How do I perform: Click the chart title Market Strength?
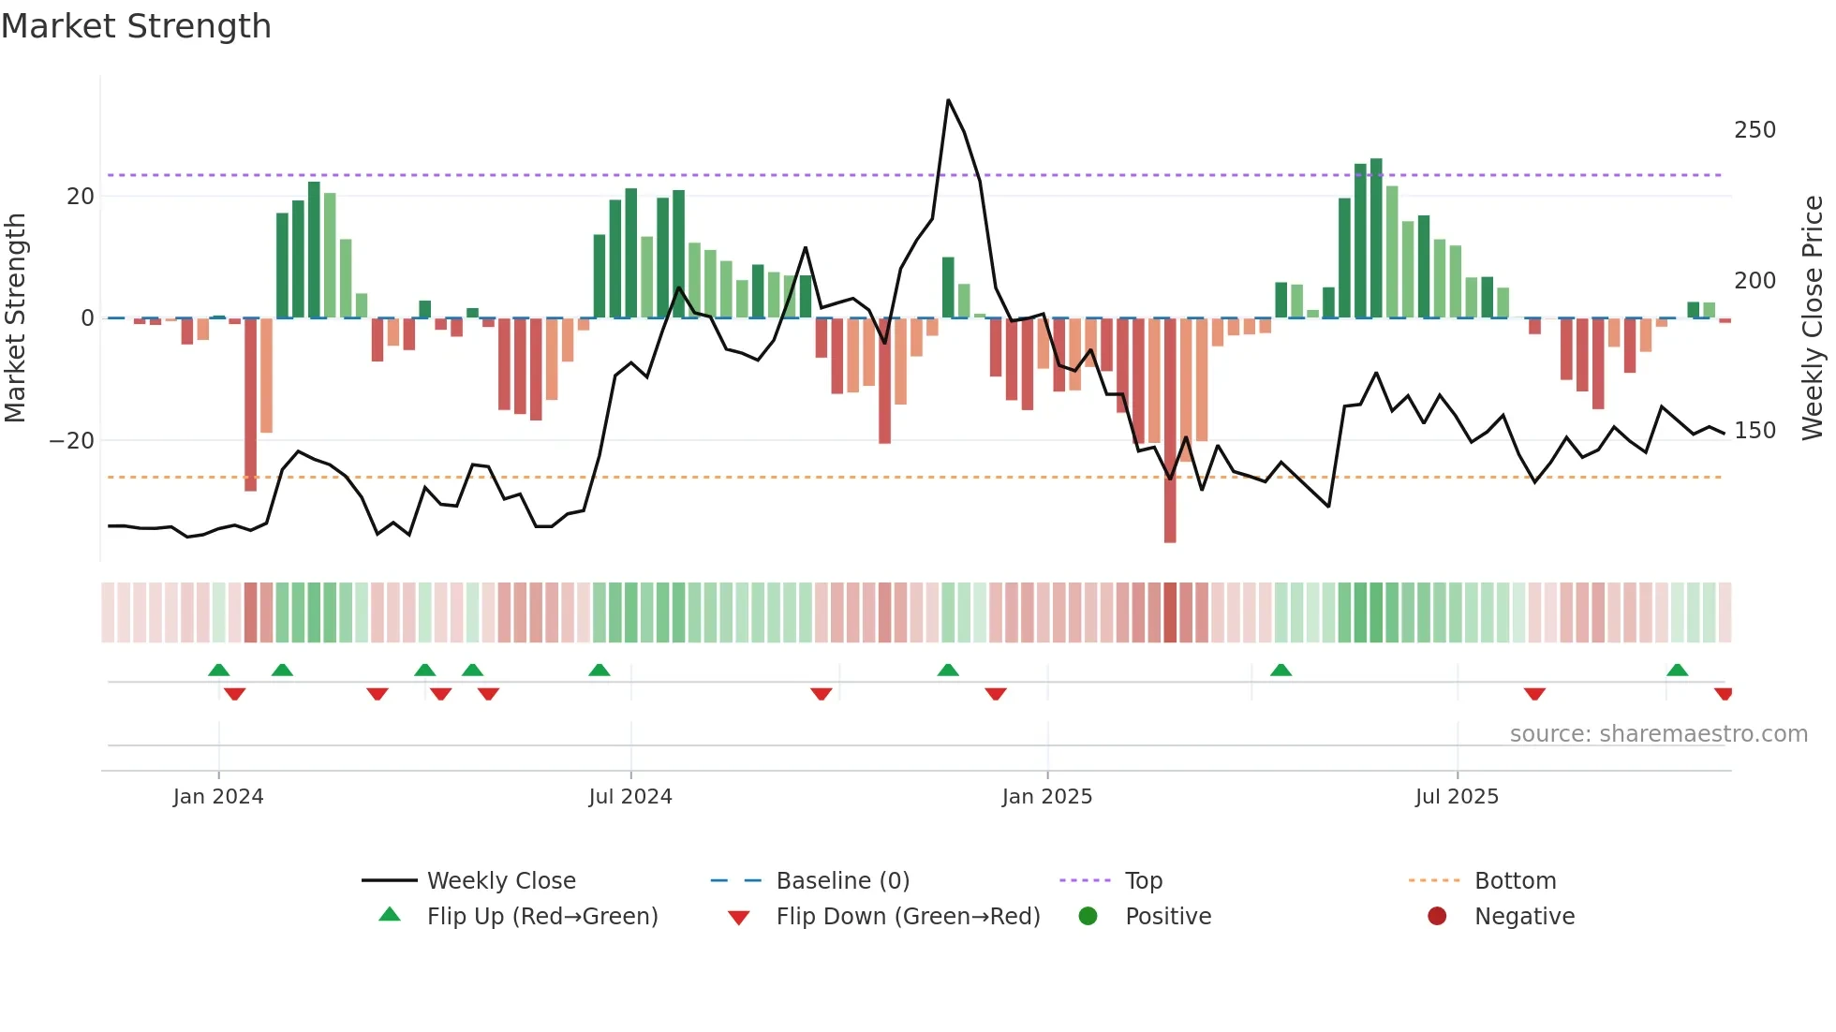pos(136,26)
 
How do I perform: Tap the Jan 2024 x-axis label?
pos(218,797)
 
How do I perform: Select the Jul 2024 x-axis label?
pos(630,797)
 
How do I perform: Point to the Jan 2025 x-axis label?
pos(1046,797)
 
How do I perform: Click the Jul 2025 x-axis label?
pos(1457,797)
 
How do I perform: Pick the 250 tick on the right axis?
pos(1755,130)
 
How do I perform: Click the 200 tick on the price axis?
pos(1755,281)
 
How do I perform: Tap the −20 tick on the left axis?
pos(72,441)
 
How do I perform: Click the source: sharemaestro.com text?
pos(1658,734)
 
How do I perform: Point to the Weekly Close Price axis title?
pos(1813,318)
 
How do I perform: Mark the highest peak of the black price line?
pos(948,100)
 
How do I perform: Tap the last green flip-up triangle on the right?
pos(1677,671)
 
